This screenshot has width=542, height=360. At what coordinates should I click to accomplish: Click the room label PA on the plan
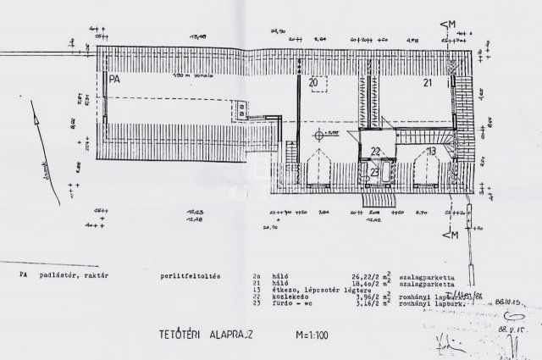113,78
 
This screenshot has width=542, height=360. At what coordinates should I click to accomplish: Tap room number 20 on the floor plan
313,83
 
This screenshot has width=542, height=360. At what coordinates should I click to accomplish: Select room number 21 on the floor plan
429,82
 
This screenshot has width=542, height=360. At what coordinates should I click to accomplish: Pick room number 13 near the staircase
431,150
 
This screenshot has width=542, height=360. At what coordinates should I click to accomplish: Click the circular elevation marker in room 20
319,135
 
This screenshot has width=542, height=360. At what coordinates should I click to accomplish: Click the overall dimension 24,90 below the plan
271,227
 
